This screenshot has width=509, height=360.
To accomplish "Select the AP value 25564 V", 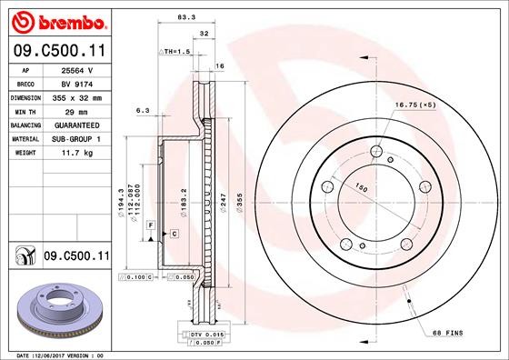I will pyautogui.click(x=75, y=69).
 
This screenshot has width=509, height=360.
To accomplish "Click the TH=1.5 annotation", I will pyautogui.click(x=176, y=52).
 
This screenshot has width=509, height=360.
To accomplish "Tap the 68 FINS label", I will pyautogui.click(x=446, y=334).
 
